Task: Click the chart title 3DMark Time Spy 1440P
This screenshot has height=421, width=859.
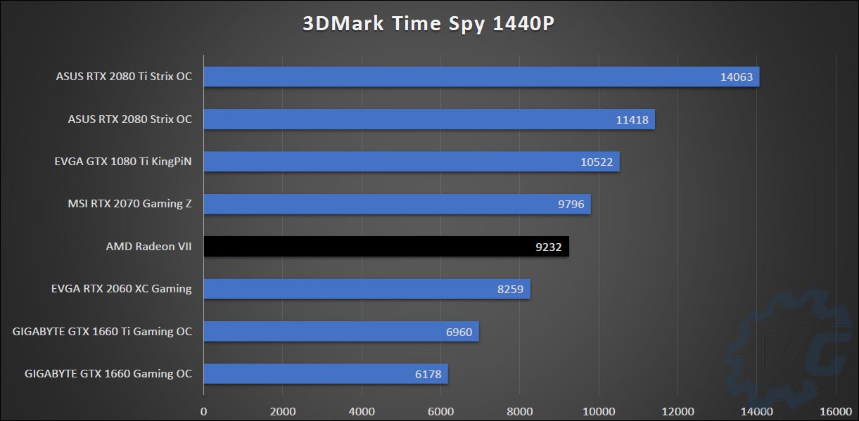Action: tap(429, 23)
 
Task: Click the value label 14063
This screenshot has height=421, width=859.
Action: tap(736, 77)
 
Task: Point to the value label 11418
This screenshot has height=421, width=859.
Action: tap(632, 119)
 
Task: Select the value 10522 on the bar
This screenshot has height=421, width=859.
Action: tap(597, 162)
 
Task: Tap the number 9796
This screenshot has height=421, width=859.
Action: tap(571, 205)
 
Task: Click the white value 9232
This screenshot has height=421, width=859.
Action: tap(549, 247)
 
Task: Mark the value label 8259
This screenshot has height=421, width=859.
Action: tap(510, 289)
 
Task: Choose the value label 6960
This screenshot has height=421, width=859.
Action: tap(459, 332)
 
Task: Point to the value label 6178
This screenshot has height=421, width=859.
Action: tap(428, 374)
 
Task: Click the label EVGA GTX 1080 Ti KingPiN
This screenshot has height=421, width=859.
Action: tap(124, 162)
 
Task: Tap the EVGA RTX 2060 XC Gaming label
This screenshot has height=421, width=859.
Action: tap(121, 288)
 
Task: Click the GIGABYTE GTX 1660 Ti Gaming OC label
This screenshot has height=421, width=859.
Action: tap(102, 331)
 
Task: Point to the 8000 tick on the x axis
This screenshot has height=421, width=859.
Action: tap(519, 410)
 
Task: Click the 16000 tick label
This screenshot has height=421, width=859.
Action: tap(835, 410)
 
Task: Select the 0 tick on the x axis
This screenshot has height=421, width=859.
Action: tap(204, 410)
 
